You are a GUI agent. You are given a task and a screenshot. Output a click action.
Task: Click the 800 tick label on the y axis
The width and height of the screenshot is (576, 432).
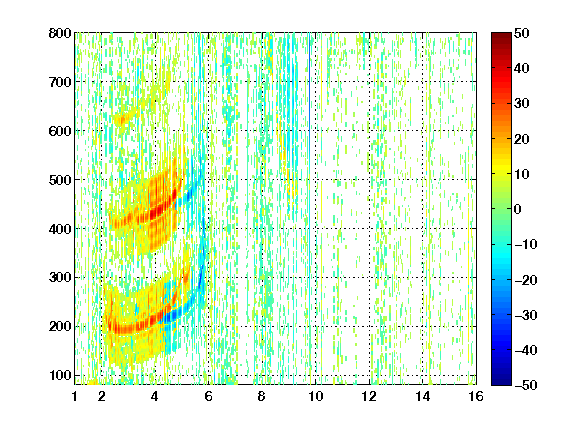(x=60, y=33)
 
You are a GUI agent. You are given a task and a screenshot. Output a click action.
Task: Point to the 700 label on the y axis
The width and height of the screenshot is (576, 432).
(x=60, y=82)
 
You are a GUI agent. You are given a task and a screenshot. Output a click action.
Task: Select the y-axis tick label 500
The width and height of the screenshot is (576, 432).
(x=60, y=180)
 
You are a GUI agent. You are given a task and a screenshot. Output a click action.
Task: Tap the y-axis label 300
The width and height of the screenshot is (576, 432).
(x=60, y=278)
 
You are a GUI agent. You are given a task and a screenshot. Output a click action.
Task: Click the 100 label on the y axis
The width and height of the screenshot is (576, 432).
(x=60, y=375)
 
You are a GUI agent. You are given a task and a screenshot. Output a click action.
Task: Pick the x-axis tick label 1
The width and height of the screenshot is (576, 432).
(x=75, y=396)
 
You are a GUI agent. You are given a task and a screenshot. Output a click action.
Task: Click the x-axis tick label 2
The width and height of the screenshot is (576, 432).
(x=102, y=396)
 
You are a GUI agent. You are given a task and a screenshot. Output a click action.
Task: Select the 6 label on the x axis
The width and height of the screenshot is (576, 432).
(x=209, y=396)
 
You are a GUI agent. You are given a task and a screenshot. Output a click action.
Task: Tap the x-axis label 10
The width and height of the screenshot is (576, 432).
(x=316, y=396)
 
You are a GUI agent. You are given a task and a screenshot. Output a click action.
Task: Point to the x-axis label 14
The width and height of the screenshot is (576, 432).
(x=423, y=396)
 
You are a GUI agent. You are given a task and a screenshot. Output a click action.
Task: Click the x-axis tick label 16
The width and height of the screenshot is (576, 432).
(x=476, y=396)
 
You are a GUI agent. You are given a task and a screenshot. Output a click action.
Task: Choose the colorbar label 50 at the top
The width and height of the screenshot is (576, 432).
(x=522, y=33)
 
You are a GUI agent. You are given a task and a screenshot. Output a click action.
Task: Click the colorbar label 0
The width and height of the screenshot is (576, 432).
(x=518, y=209)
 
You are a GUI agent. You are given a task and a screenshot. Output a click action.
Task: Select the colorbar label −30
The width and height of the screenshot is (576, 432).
(x=526, y=315)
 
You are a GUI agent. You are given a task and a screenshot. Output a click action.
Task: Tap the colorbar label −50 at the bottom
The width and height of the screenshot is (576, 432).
(x=526, y=385)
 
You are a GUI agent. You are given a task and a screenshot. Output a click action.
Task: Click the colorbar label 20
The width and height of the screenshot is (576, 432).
(x=522, y=139)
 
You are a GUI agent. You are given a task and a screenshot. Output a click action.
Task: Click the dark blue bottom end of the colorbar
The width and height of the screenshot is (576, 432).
(x=501, y=382)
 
